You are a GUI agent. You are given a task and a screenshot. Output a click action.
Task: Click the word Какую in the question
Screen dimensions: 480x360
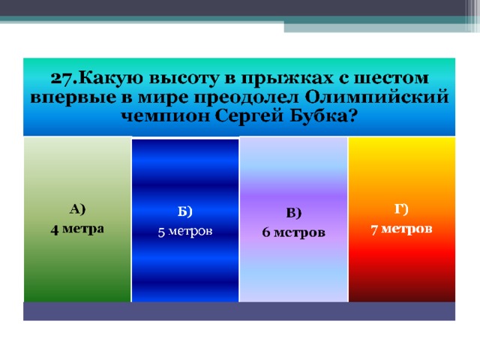pos(111,79)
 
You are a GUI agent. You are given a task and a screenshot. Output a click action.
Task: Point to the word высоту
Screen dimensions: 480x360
pos(184,79)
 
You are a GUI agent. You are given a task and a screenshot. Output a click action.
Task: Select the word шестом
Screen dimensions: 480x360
pos(391,78)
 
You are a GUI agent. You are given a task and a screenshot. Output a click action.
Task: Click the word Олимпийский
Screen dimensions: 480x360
pos(377,97)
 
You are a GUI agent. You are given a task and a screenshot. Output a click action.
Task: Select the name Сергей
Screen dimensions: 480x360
pos(249,117)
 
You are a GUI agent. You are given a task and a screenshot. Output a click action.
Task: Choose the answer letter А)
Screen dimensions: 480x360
pos(77,209)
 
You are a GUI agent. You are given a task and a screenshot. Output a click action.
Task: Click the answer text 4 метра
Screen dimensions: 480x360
pos(77,229)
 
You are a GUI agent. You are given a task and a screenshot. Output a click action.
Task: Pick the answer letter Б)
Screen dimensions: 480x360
pos(185,211)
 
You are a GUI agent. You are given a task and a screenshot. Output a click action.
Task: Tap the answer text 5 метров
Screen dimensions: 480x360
pos(185,232)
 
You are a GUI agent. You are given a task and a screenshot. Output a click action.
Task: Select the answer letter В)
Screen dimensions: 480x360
pos(294,213)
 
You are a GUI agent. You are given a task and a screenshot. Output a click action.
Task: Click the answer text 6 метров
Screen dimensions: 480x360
pos(293,232)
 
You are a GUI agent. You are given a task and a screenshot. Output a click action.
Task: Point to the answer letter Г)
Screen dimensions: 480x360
pos(401,209)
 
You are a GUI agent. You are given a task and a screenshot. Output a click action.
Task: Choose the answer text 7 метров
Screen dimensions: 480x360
pos(402,229)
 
